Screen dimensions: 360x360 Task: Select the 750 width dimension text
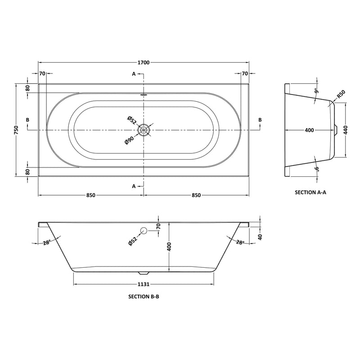tap(17, 130)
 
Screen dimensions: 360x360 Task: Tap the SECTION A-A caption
tap(310, 192)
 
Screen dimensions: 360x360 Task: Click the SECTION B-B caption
tap(144, 297)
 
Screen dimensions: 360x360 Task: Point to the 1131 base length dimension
tap(144, 284)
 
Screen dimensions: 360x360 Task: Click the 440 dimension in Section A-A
tap(346, 130)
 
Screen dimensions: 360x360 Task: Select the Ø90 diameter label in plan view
tap(129, 139)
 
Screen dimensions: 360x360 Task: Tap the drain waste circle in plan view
tap(144, 130)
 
